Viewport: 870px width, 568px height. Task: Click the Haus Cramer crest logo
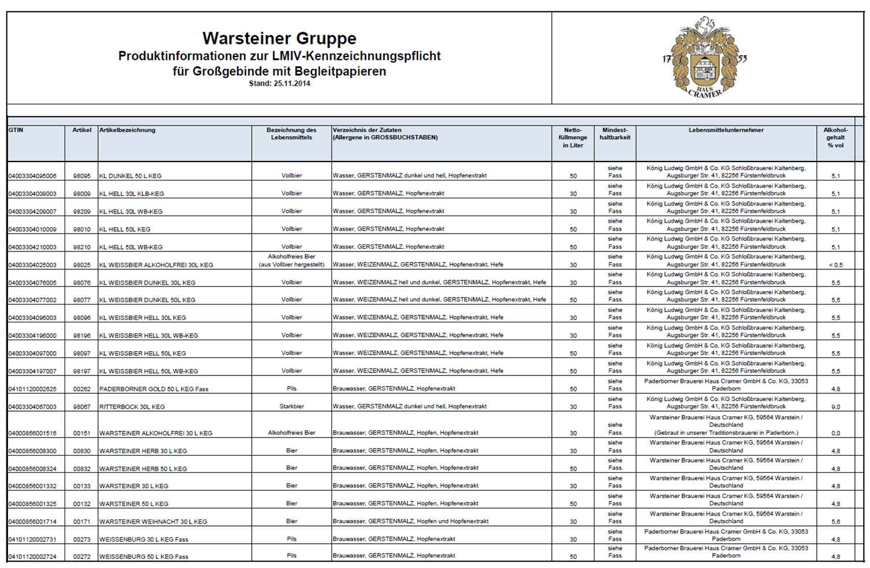(704, 58)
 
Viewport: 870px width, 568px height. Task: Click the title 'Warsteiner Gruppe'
(279, 39)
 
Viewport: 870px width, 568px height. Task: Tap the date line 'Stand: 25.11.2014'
(279, 84)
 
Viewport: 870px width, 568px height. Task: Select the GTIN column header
(16, 130)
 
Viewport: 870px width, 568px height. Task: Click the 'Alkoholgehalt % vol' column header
(835, 138)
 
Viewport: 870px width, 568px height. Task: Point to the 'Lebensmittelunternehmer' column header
(726, 130)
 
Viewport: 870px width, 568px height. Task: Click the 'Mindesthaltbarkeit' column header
(615, 134)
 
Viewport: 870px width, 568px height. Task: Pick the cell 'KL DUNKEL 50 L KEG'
(130, 176)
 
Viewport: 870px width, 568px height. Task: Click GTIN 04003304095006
(32, 176)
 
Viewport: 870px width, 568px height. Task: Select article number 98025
(82, 265)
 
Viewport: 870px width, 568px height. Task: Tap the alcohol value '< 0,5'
(835, 265)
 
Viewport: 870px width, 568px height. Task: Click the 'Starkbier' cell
(292, 407)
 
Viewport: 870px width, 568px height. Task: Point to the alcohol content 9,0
(835, 407)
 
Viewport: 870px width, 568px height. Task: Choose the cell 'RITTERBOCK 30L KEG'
(132, 407)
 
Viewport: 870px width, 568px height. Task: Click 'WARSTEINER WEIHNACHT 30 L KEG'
(153, 522)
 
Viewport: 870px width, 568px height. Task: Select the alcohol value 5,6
(835, 522)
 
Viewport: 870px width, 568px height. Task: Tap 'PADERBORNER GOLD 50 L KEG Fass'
(154, 389)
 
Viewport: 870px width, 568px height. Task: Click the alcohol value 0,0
(835, 433)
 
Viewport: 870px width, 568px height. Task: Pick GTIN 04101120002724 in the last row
(32, 557)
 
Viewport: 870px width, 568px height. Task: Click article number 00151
(82, 433)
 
